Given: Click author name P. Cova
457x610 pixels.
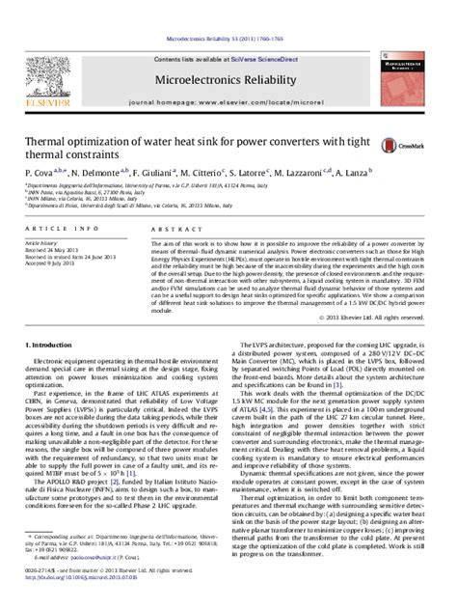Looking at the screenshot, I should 38,170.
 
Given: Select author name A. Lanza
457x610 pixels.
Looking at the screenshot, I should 364,170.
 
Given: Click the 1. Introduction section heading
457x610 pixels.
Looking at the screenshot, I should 51,345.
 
